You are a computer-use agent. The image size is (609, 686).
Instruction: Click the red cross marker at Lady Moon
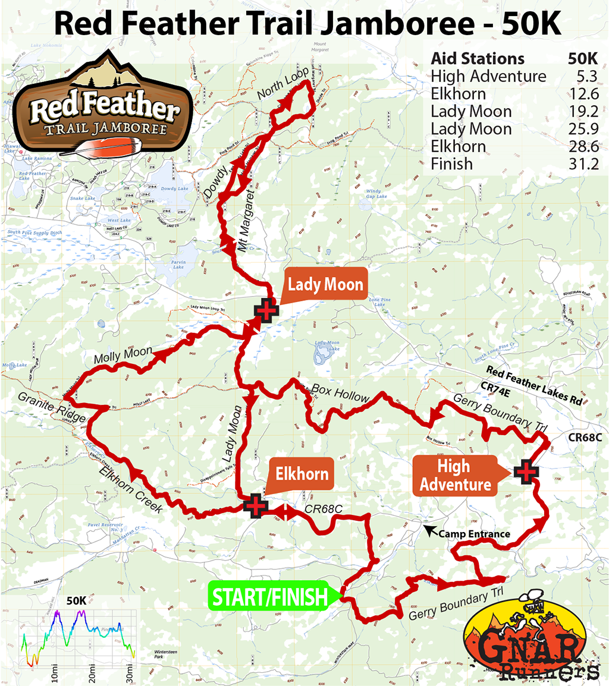(266, 311)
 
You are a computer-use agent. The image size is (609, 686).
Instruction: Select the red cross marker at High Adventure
(526, 471)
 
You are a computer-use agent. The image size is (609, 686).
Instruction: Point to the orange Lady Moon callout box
(325, 285)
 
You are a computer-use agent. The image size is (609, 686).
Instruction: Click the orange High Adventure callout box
(453, 476)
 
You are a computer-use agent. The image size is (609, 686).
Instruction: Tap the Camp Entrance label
(474, 534)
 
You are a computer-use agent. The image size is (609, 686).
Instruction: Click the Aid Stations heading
(478, 59)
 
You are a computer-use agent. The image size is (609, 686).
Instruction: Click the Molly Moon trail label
(123, 355)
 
